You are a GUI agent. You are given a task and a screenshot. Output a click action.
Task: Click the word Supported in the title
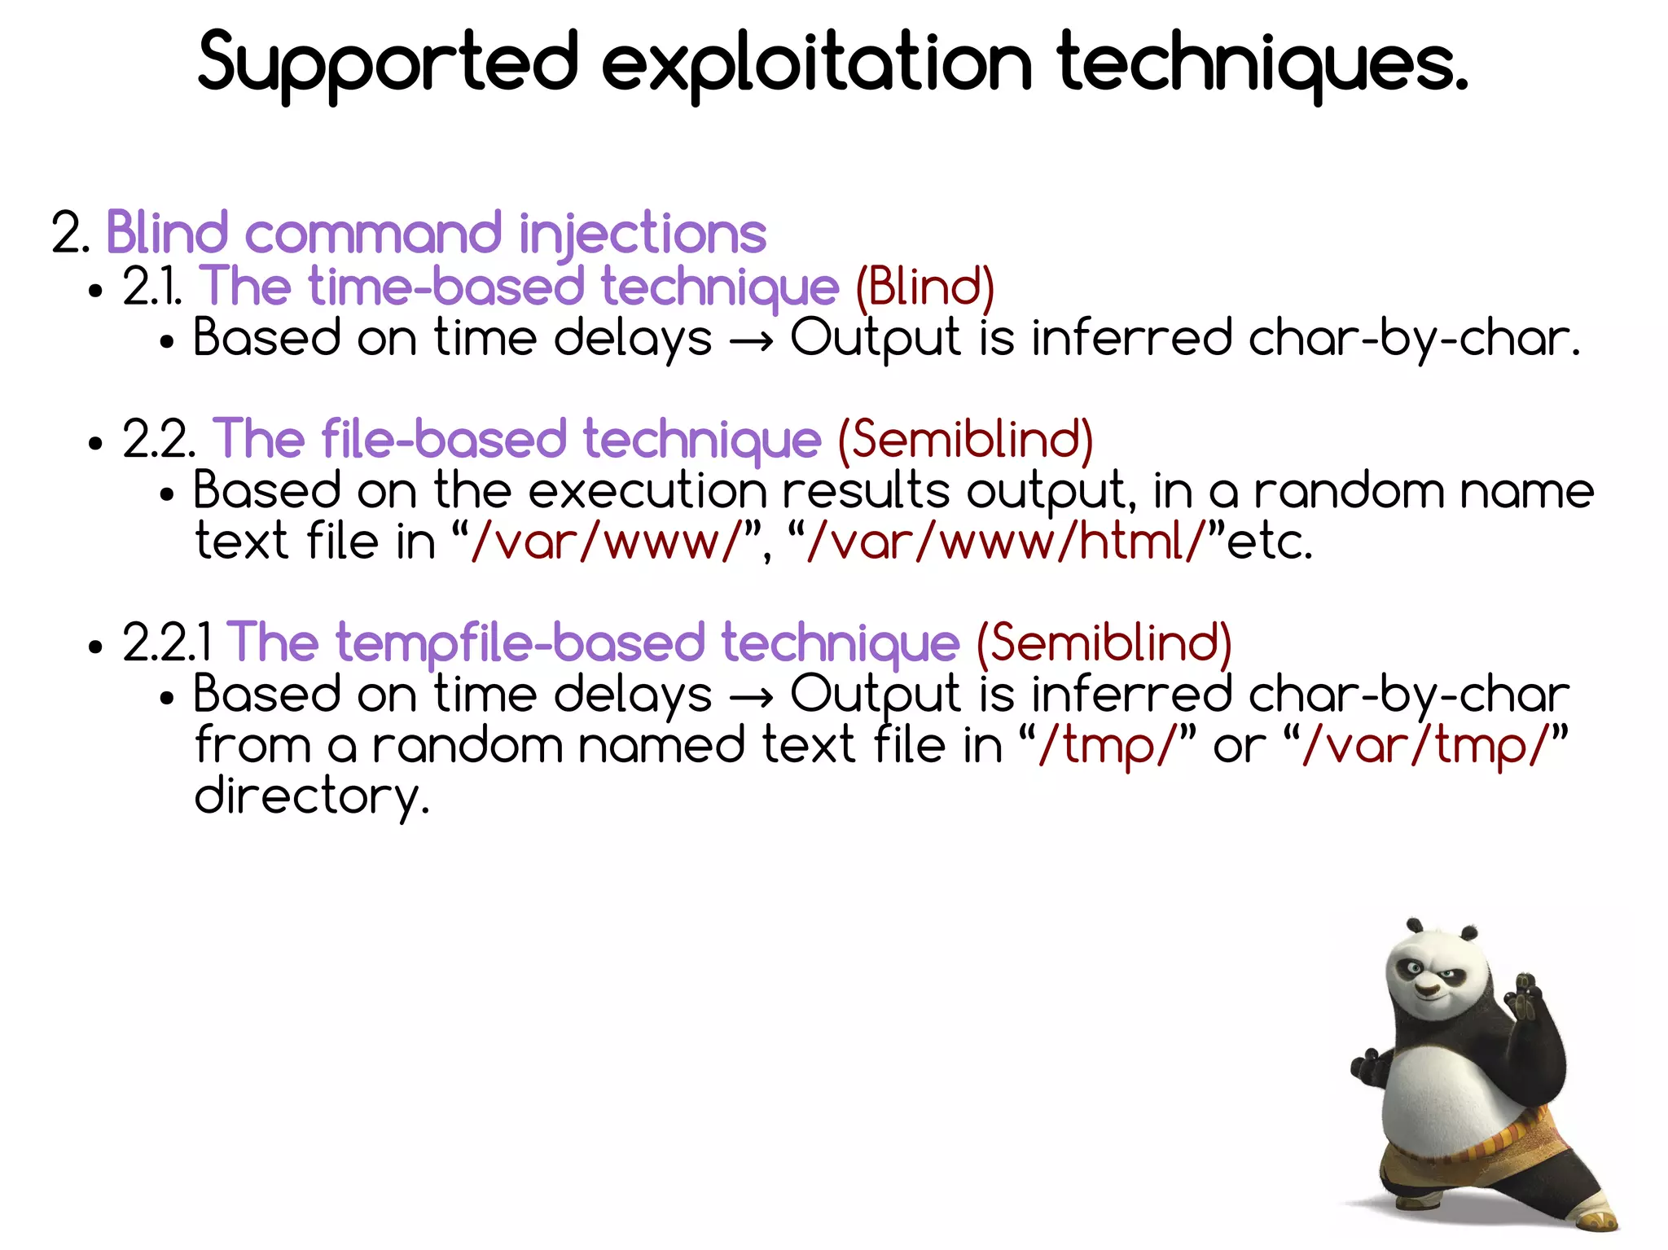point(388,64)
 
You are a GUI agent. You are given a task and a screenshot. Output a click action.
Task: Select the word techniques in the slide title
point(1262,64)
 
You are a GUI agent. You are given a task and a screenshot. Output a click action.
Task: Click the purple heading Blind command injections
point(436,234)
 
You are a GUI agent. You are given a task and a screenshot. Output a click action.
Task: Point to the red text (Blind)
point(924,287)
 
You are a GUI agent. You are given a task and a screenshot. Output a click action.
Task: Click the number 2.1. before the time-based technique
point(152,287)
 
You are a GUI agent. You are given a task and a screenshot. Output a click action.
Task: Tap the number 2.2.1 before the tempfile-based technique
point(167,643)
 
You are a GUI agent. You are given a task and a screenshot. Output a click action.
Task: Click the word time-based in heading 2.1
point(446,287)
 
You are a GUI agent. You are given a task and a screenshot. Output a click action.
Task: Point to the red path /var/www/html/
point(1003,542)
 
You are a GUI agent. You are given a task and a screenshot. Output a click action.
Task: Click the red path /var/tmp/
point(1424,745)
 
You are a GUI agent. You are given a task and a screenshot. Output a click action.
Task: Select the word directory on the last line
point(311,796)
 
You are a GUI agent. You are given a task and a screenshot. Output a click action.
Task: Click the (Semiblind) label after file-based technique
point(965,440)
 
